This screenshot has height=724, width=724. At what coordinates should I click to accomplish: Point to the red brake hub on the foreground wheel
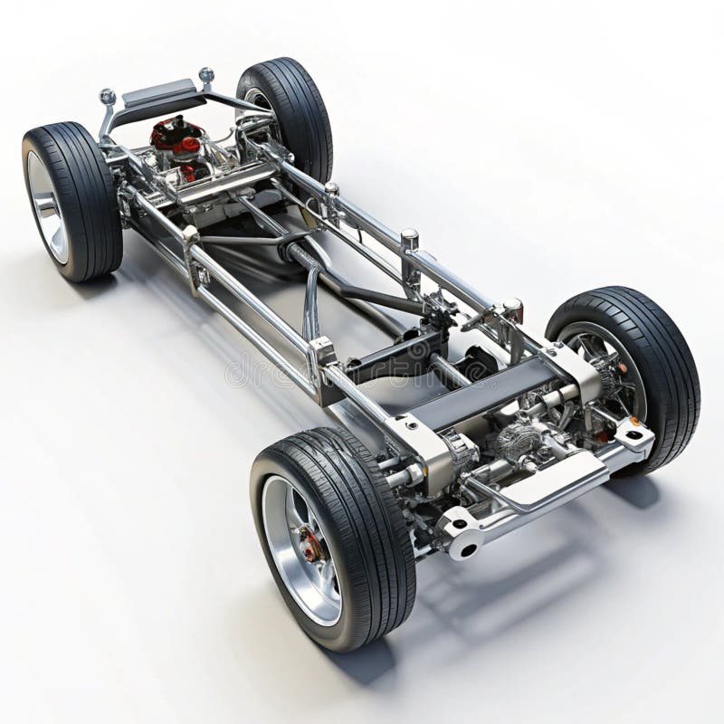310,545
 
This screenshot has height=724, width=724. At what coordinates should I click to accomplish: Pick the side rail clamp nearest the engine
191,244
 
